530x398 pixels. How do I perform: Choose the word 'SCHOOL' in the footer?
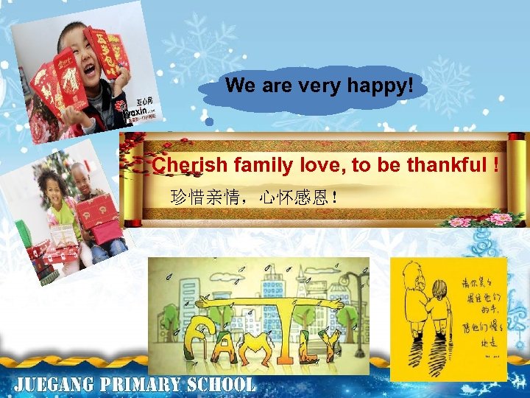pos(221,385)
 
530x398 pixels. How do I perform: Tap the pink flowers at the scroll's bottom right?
pos(486,219)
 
